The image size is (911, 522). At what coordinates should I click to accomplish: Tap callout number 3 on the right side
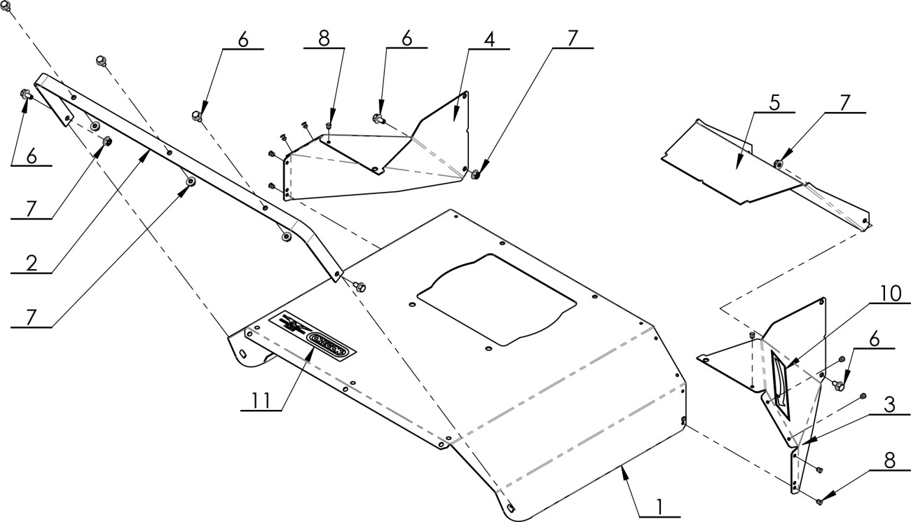889,406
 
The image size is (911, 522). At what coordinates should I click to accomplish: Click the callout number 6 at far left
32,157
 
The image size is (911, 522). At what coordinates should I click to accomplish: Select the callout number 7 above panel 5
844,102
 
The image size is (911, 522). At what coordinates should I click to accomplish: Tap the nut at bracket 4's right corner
474,174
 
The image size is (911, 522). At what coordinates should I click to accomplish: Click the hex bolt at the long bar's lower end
357,285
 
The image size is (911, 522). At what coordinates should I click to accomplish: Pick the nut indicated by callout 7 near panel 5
778,164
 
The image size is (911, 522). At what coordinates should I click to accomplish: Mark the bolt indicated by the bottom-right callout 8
819,500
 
